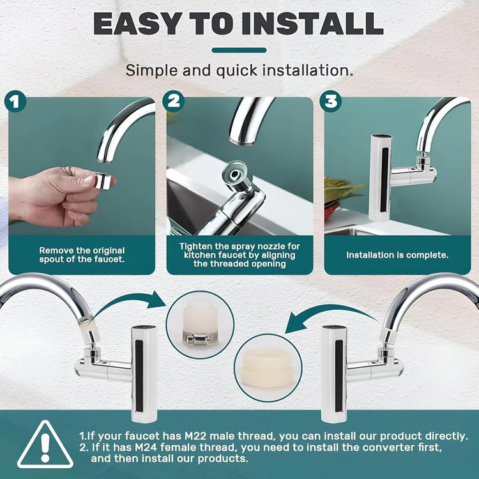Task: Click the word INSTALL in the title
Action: click(312, 24)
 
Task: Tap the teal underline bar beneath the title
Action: click(239, 50)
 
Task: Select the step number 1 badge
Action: click(15, 101)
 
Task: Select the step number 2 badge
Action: click(173, 101)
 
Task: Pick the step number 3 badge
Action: click(331, 101)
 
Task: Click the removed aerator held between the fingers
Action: click(103, 181)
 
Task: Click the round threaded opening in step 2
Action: click(235, 174)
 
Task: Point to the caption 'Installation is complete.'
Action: click(397, 255)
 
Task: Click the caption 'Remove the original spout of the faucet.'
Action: click(82, 255)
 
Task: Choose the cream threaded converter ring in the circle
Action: click(268, 368)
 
